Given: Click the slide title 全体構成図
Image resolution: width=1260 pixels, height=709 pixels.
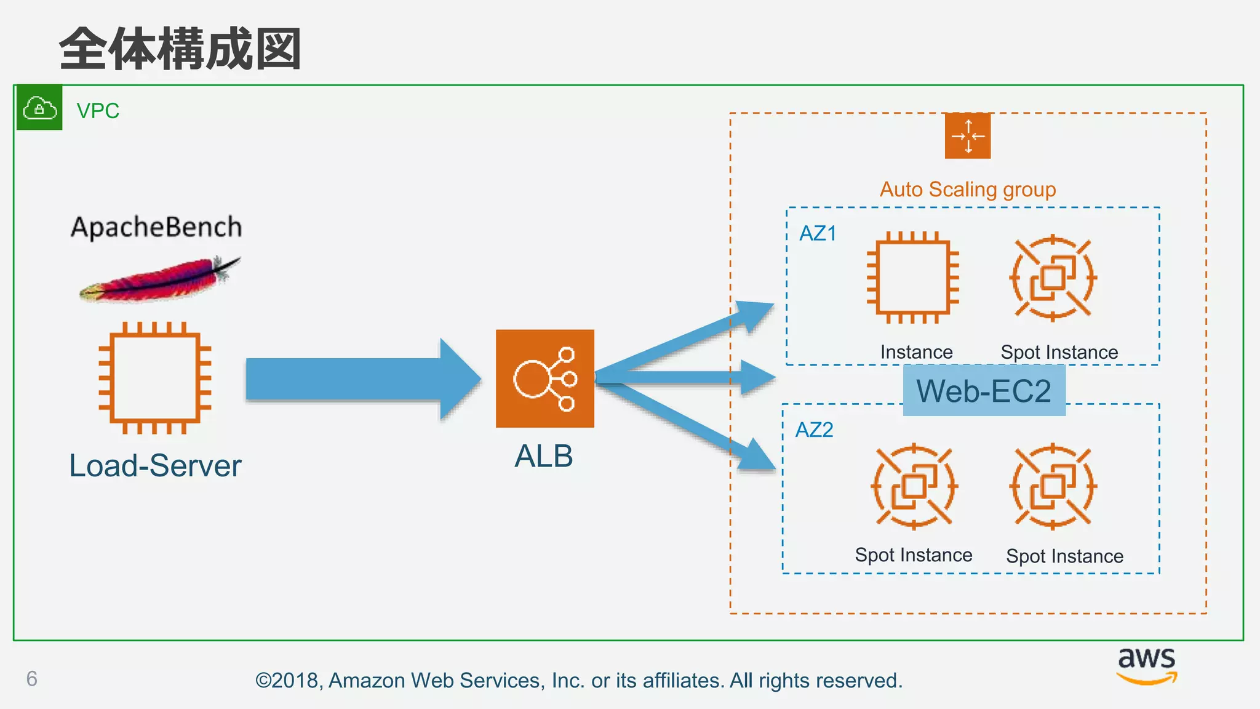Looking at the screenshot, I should point(180,49).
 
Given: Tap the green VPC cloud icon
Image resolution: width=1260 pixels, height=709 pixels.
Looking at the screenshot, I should point(39,108).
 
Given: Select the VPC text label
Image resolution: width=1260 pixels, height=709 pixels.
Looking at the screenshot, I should point(98,111).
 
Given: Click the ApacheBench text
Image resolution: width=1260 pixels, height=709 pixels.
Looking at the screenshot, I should point(156,227).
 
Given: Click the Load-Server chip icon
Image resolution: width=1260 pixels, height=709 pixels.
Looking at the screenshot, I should point(155,378).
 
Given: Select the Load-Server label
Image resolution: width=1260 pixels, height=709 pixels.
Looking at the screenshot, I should point(155,465).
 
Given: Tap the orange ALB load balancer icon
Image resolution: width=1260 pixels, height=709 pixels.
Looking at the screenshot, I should point(544,379).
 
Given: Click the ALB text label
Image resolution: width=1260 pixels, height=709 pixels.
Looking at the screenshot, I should point(544,456).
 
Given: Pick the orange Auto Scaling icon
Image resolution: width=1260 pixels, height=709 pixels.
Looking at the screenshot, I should point(968,135).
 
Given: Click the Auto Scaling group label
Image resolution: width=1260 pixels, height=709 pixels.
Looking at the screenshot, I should point(968,189).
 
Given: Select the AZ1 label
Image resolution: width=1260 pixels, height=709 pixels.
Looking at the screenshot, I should point(818,233).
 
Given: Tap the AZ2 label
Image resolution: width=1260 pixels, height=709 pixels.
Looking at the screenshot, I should point(814,430).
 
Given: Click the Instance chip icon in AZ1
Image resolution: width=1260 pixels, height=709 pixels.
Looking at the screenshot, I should point(913,278).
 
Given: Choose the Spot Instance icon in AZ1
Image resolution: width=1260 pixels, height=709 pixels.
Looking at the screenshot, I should point(1053,278).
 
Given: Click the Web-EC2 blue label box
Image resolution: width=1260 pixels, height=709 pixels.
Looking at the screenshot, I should point(984,390).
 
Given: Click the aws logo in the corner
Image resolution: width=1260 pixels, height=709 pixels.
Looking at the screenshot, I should point(1146,665).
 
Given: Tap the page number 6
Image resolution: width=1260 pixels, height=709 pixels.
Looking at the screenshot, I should point(32,678).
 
